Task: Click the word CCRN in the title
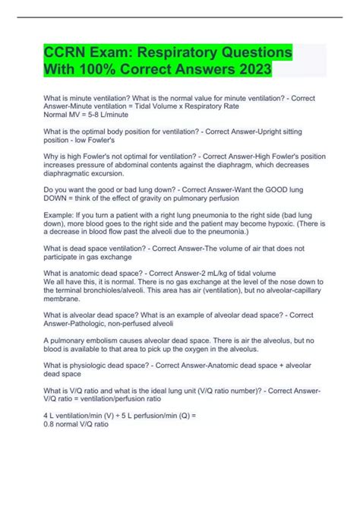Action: (66, 55)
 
